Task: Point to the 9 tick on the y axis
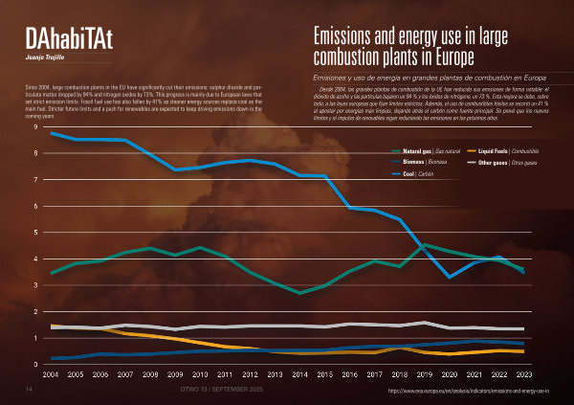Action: point(36,127)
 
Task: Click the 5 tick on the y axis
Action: point(36,233)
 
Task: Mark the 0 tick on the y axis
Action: point(36,365)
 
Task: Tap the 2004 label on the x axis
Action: point(51,376)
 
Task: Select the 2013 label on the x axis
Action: point(276,376)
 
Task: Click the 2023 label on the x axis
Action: point(523,376)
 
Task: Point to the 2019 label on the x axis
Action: point(424,376)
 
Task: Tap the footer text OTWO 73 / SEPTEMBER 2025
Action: point(221,392)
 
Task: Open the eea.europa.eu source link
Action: point(468,392)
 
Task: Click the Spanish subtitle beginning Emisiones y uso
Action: point(430,77)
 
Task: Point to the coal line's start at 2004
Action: point(52,133)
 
